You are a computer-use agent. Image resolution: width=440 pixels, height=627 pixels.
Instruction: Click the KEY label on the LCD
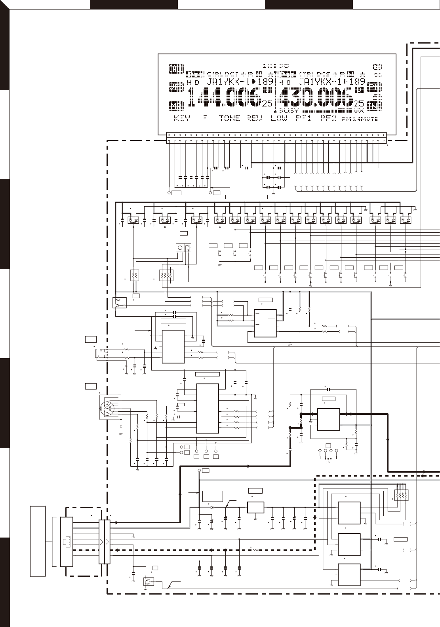click(x=182, y=118)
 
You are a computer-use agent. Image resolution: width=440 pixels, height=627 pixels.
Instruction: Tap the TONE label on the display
click(x=229, y=118)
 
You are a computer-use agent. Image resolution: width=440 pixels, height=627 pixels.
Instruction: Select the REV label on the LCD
click(x=254, y=118)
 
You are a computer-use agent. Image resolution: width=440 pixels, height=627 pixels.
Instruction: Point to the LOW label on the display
click(x=279, y=118)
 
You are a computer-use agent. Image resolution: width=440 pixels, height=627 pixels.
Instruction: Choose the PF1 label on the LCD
click(x=304, y=118)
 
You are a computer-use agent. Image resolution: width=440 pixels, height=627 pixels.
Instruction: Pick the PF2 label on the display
click(x=328, y=118)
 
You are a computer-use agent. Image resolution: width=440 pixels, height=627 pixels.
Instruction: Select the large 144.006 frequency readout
click(x=224, y=98)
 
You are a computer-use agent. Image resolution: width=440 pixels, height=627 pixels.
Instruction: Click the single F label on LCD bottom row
click(x=205, y=118)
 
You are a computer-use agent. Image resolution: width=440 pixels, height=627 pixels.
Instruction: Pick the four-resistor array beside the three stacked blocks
click(x=402, y=495)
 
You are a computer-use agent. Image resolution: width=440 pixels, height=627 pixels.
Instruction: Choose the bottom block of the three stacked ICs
click(x=349, y=575)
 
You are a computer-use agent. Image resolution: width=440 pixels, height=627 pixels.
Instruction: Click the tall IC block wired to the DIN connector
click(x=208, y=408)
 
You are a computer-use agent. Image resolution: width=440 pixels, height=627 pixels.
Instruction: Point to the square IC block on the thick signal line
click(x=328, y=419)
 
